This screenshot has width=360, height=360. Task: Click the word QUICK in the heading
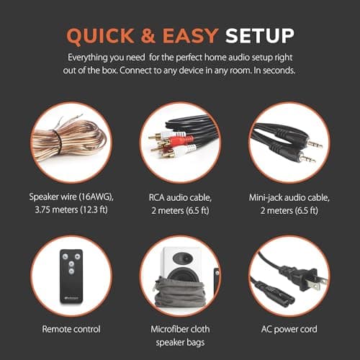tap(100, 36)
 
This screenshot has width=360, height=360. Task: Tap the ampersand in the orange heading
tap(148, 36)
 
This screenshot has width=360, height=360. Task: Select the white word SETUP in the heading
tap(260, 36)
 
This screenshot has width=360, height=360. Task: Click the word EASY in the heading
tap(191, 36)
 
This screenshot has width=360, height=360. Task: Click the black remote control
tap(71, 276)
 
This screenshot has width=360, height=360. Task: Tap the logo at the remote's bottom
tap(71, 298)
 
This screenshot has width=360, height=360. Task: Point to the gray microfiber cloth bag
tap(180, 293)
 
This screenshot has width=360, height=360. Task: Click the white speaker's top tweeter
tap(183, 258)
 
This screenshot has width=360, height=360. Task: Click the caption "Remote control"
tap(71, 329)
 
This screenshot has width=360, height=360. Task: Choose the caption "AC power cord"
tap(289, 329)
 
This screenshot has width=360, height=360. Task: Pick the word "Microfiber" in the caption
tap(171, 329)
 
